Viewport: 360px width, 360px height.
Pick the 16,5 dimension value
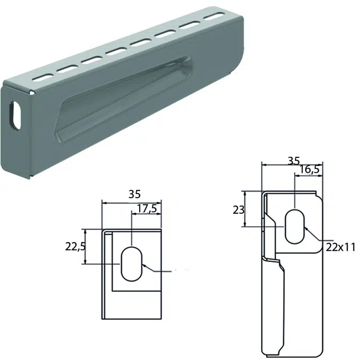point(309,171)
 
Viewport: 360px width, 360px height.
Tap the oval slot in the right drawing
point(294,225)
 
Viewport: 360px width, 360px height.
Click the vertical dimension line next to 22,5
point(86,247)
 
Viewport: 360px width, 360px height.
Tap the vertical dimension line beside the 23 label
point(244,209)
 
